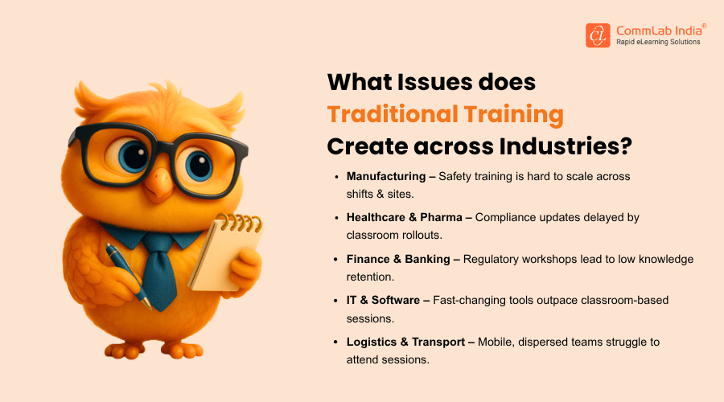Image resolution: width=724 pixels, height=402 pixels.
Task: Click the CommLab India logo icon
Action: click(598, 35)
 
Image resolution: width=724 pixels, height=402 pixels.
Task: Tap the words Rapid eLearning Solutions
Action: click(658, 42)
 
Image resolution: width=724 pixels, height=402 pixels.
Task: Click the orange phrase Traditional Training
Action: click(445, 114)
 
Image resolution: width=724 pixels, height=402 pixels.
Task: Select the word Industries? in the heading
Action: click(566, 146)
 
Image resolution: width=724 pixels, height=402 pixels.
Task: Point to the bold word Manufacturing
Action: click(386, 176)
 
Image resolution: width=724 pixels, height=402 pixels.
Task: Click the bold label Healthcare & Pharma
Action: click(405, 217)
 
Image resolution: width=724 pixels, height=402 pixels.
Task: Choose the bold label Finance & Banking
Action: click(398, 260)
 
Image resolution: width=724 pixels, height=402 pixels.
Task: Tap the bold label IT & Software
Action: click(383, 300)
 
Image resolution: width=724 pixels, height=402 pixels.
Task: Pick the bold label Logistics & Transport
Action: click(406, 342)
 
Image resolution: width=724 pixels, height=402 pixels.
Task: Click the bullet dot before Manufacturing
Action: click(336, 177)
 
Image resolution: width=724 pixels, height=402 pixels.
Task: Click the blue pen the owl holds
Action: click(128, 276)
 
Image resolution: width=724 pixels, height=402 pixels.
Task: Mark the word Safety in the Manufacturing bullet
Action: click(452, 177)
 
